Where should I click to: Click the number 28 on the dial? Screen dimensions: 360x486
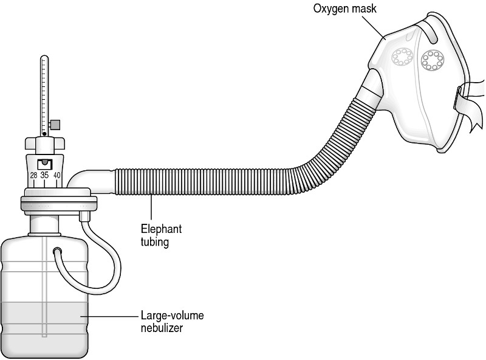[x=34, y=176]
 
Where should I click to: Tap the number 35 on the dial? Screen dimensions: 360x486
[x=44, y=176]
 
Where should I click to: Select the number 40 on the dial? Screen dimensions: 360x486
[x=56, y=176]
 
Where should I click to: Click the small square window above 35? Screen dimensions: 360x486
[x=44, y=164]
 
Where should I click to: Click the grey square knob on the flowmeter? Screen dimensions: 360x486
[x=56, y=125]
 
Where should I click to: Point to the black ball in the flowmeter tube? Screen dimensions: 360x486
[x=45, y=133]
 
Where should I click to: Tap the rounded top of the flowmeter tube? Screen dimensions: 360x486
[x=43, y=58]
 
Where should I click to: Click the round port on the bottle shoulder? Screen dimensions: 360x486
[x=58, y=251]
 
